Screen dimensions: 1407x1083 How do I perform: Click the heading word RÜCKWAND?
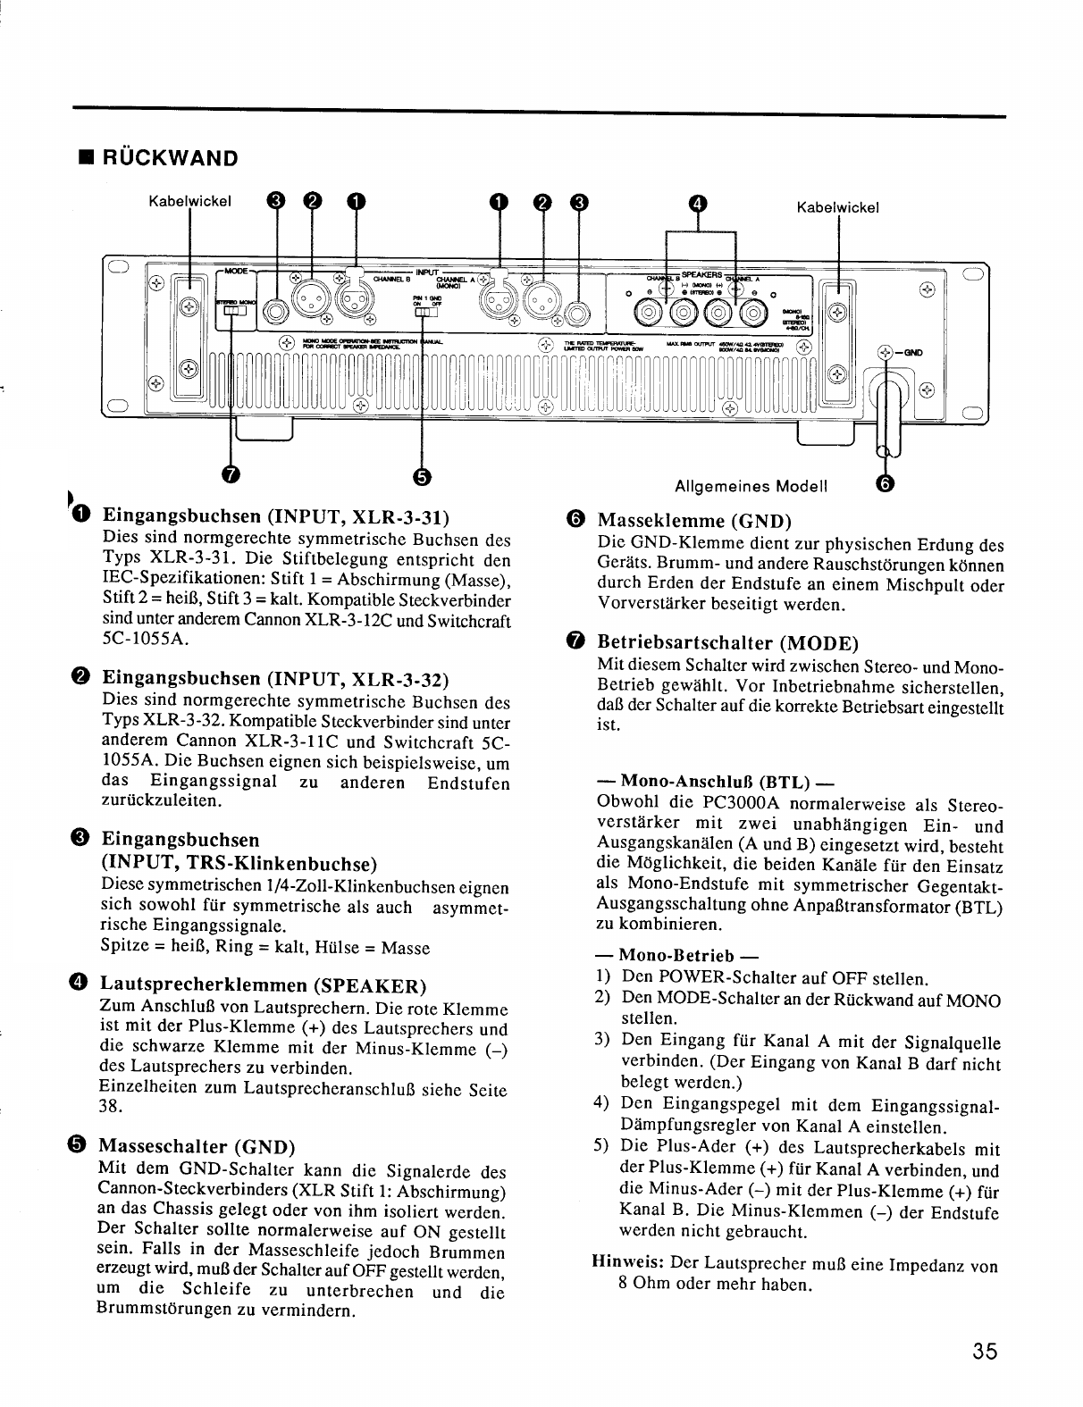171,158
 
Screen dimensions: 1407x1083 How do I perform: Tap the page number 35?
986,1351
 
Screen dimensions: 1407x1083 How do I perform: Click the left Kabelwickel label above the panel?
189,201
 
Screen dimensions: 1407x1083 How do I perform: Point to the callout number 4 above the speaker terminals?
699,203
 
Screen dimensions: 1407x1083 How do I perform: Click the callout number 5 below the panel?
422,474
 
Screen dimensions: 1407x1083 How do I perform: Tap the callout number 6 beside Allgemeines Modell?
885,483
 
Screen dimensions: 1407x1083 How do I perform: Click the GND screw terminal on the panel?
885,352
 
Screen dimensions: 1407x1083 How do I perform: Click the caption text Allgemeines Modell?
751,486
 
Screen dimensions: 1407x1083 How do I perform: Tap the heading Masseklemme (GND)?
694,520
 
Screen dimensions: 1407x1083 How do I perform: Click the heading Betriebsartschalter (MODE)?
727,642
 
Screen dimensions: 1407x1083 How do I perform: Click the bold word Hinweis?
626,1265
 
